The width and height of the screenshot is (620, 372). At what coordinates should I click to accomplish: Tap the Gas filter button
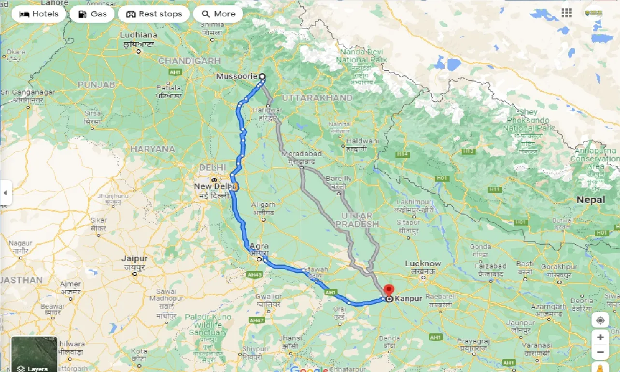(x=92, y=14)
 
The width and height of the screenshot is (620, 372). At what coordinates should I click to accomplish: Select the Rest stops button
(x=154, y=14)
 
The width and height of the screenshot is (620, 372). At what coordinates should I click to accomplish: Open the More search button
(x=218, y=14)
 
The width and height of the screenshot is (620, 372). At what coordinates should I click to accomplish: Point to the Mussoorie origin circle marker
(x=262, y=76)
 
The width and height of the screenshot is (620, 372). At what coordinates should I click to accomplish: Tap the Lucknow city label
(x=423, y=264)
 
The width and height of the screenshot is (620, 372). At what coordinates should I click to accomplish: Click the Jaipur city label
(x=134, y=259)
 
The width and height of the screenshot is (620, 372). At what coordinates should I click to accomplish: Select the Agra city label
(x=259, y=246)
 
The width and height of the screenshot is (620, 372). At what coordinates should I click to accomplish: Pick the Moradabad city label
(x=302, y=154)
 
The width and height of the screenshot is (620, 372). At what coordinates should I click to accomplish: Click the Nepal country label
(x=590, y=200)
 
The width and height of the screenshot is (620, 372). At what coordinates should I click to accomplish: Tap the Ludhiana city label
(x=139, y=35)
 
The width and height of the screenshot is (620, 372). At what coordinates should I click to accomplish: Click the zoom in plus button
(x=600, y=337)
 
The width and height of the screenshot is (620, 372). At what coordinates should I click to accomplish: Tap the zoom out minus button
(x=600, y=353)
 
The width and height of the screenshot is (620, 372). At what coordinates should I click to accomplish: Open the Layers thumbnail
(x=34, y=354)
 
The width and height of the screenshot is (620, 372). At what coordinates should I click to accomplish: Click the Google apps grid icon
(x=566, y=13)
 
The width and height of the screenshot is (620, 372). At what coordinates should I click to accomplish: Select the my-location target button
(x=600, y=320)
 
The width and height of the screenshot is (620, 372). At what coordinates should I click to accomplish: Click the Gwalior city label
(x=269, y=297)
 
